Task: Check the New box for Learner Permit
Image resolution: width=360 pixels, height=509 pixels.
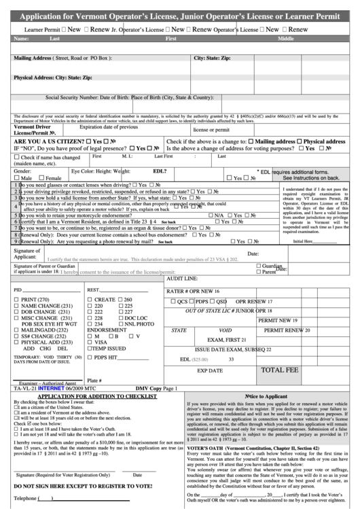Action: tap(63, 31)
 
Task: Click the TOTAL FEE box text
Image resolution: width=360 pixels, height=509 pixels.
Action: tap(280, 370)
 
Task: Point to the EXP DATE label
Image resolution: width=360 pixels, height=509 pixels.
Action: tap(210, 371)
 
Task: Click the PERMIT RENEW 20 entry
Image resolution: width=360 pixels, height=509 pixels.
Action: tap(287, 330)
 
